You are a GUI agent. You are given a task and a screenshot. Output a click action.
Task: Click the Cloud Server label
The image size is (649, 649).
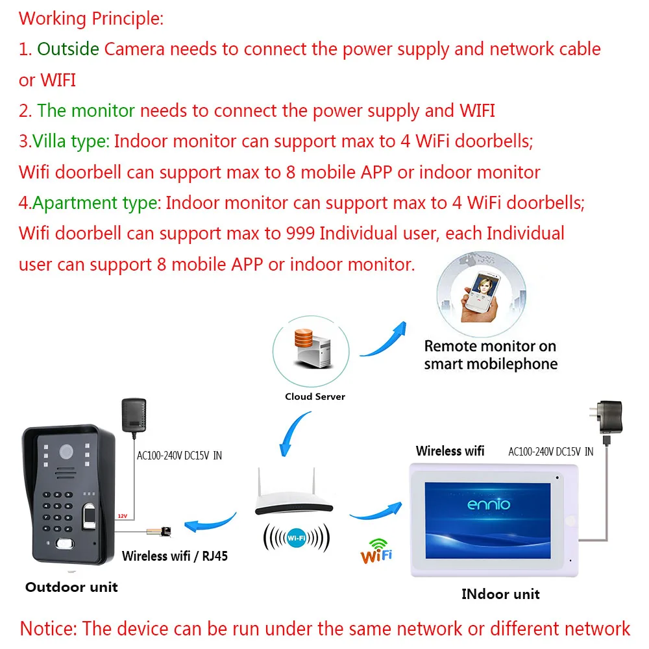pyautogui.click(x=315, y=397)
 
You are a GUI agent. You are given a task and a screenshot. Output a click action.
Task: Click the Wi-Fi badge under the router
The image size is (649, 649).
pyautogui.click(x=297, y=537)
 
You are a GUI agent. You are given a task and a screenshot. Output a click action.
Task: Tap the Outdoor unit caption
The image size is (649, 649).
pyautogui.click(x=71, y=587)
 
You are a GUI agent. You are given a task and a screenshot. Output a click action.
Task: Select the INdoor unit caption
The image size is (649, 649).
pyautogui.click(x=500, y=594)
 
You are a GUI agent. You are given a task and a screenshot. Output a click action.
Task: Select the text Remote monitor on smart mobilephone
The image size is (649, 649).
pyautogui.click(x=491, y=355)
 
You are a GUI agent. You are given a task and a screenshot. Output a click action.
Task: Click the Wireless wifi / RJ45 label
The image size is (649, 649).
pyautogui.click(x=175, y=556)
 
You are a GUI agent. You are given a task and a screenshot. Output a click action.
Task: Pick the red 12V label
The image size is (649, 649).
pyautogui.click(x=122, y=517)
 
